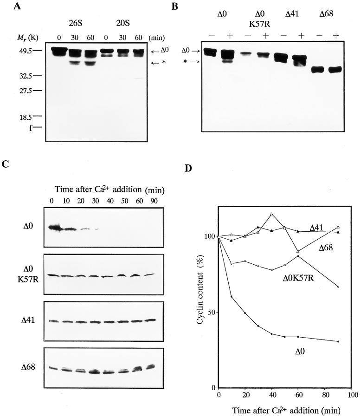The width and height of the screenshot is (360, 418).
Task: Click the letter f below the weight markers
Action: click(x=28, y=126)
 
